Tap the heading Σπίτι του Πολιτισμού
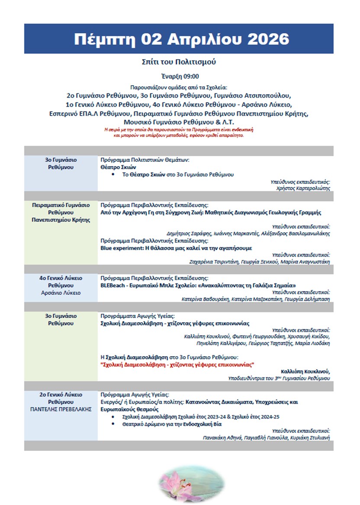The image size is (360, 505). click(179, 62)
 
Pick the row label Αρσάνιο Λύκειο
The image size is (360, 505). click(61, 293)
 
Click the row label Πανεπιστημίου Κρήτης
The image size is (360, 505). click(61, 220)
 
